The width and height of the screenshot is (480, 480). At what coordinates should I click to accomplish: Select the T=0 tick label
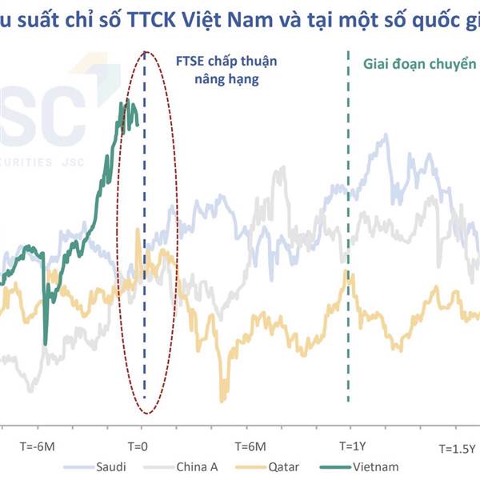[x=139, y=446]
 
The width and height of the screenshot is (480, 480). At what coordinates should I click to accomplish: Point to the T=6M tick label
[x=250, y=446]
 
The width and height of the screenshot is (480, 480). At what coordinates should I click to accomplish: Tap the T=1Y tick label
[x=352, y=446]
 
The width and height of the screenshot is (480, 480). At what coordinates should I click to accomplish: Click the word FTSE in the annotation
[x=189, y=62]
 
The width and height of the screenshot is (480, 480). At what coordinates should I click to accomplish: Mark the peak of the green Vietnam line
[x=126, y=102]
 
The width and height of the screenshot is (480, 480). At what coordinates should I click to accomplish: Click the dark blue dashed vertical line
[x=145, y=240]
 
